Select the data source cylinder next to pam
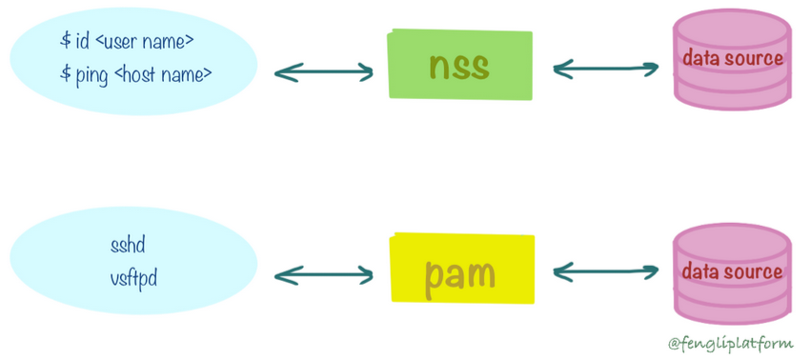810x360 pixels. click(x=732, y=271)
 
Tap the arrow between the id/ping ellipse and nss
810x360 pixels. click(x=324, y=70)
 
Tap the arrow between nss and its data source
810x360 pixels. click(x=606, y=68)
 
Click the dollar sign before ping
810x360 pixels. click(x=64, y=73)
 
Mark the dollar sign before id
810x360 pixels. click(x=64, y=41)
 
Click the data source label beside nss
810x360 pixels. click(x=733, y=59)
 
